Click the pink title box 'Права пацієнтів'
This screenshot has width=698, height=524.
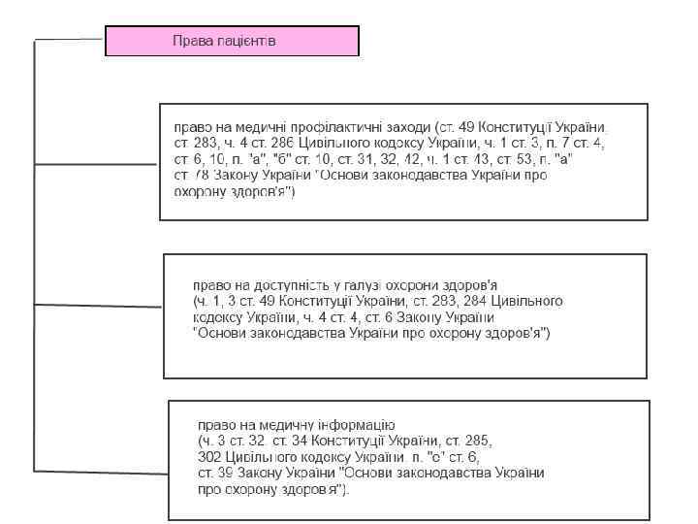(232, 41)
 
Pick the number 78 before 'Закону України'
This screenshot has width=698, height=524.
(200, 176)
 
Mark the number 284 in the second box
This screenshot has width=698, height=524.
(471, 301)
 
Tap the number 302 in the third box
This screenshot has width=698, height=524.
(209, 455)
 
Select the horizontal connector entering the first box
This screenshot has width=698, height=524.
(97, 164)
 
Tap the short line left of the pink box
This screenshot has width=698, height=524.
(70, 40)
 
